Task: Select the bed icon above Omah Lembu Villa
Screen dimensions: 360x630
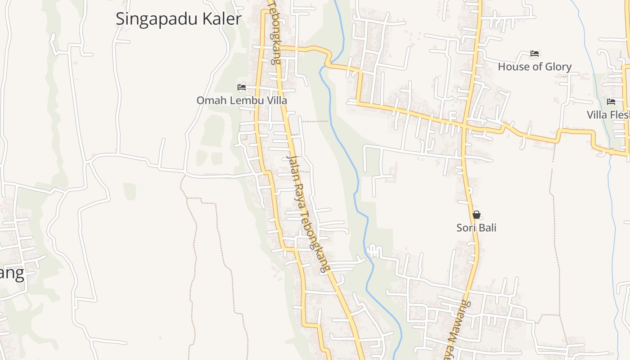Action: point(242,87)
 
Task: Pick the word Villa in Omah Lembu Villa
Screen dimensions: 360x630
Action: point(277,100)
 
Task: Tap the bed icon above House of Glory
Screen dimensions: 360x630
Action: point(535,54)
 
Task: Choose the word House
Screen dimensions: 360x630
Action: point(512,67)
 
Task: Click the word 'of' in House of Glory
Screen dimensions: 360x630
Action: point(535,67)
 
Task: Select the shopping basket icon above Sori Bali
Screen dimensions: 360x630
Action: point(477,215)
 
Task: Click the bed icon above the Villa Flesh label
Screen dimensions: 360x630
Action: point(611,102)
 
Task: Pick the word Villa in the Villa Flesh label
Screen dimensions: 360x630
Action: point(597,115)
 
